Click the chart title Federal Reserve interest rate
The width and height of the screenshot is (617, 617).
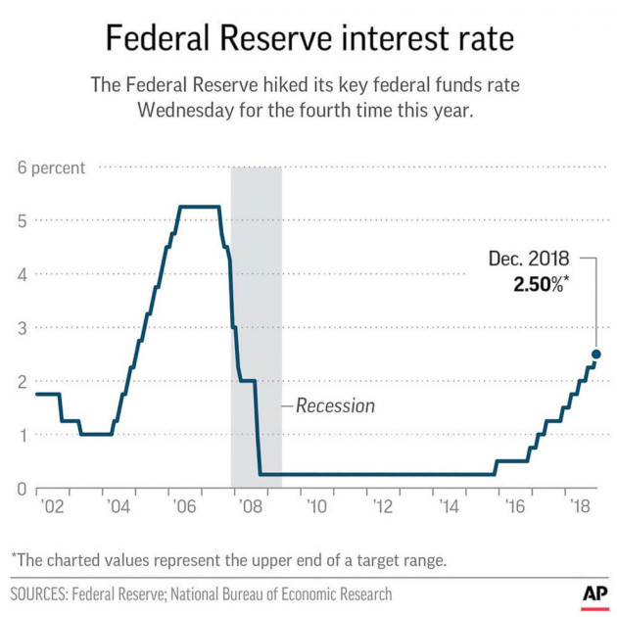pyautogui.click(x=308, y=39)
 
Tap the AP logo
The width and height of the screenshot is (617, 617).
pyautogui.click(x=593, y=593)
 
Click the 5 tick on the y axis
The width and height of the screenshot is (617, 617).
pyautogui.click(x=21, y=221)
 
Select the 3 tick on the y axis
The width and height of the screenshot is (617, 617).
pyautogui.click(x=21, y=328)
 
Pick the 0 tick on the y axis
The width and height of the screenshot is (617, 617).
pyautogui.click(x=21, y=488)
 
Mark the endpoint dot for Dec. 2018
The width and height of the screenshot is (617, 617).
pyautogui.click(x=595, y=355)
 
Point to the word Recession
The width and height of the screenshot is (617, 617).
pyautogui.click(x=335, y=405)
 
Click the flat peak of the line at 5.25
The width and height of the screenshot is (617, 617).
pyautogui.click(x=199, y=207)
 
